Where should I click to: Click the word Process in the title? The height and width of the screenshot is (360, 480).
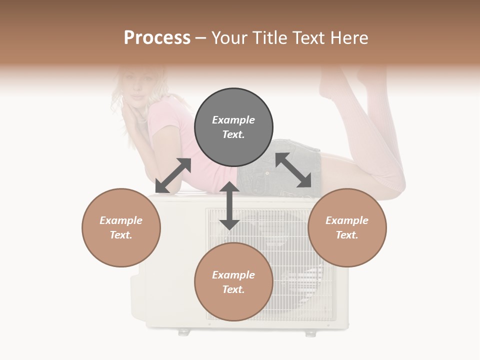pyautogui.click(x=157, y=38)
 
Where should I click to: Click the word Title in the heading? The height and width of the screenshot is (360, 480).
pyautogui.click(x=269, y=38)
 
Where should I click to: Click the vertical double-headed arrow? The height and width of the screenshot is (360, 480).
pyautogui.click(x=229, y=205)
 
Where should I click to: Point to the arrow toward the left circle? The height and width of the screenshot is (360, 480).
pyautogui.click(x=173, y=175)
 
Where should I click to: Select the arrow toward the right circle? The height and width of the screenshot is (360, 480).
pyautogui.click(x=293, y=170)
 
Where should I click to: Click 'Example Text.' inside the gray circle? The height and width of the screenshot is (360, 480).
pyautogui.click(x=233, y=127)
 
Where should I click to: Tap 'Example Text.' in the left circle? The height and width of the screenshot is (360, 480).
pyautogui.click(x=121, y=227)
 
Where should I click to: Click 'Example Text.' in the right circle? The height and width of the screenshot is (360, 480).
pyautogui.click(x=347, y=227)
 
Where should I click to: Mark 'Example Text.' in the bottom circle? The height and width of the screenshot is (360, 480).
pyautogui.click(x=233, y=282)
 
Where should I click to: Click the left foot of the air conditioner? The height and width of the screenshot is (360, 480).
pyautogui.click(x=184, y=331)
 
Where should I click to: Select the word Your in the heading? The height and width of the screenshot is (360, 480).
pyautogui.click(x=229, y=38)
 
